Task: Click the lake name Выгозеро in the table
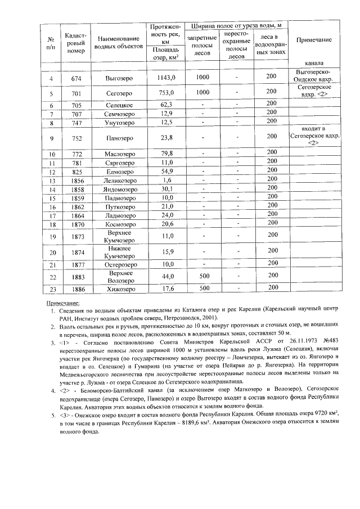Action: click(119, 78)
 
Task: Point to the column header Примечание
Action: click(313, 40)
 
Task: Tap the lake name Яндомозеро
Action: click(119, 190)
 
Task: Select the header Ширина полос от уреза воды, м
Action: click(236, 26)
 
